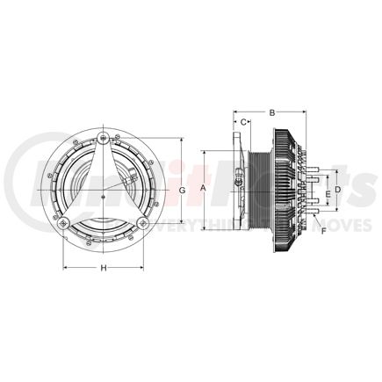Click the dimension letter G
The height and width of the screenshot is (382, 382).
(x=180, y=191)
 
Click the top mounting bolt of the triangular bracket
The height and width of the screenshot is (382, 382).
(x=104, y=138)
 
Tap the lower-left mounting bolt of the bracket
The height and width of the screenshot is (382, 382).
(x=63, y=224)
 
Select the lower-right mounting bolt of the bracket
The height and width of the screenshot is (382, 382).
(x=142, y=224)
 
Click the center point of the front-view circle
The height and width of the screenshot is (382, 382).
(x=103, y=191)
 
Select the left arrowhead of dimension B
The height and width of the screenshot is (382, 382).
(x=234, y=112)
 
